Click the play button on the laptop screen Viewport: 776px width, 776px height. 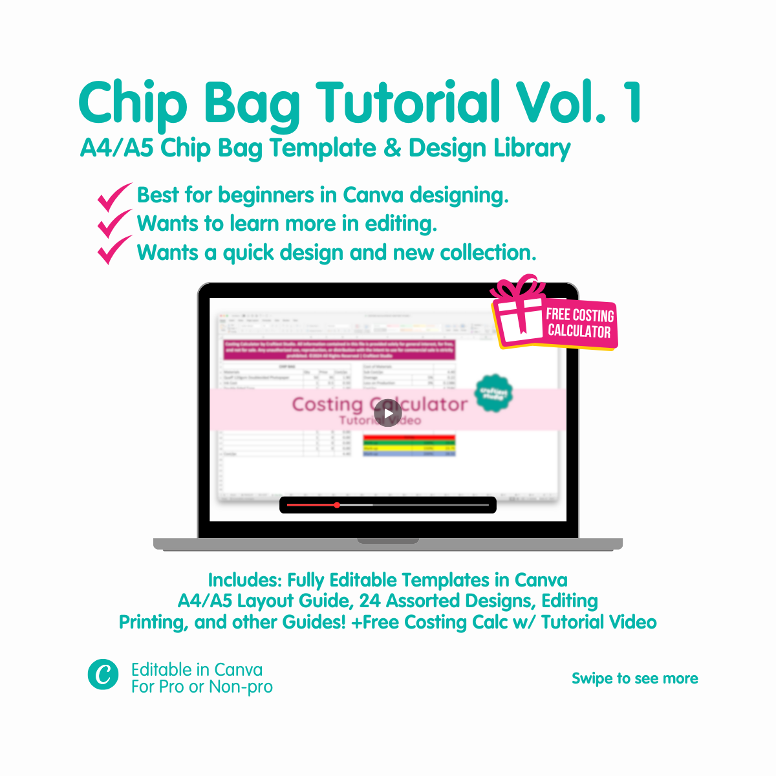coord(388,414)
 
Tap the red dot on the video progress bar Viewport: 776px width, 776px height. coord(337,505)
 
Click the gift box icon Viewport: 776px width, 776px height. coord(519,313)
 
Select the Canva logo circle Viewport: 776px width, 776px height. coord(103,674)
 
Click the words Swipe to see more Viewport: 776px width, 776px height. coord(634,678)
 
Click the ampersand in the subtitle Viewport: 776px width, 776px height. coord(392,148)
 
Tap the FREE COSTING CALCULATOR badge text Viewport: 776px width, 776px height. coord(579,323)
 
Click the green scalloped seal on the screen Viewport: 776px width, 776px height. coord(493,393)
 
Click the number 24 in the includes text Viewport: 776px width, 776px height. coord(370,601)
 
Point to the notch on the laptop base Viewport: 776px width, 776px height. coord(388,541)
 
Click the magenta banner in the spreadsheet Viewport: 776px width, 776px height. coord(339,350)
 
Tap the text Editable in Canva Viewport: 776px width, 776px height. coord(197,669)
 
